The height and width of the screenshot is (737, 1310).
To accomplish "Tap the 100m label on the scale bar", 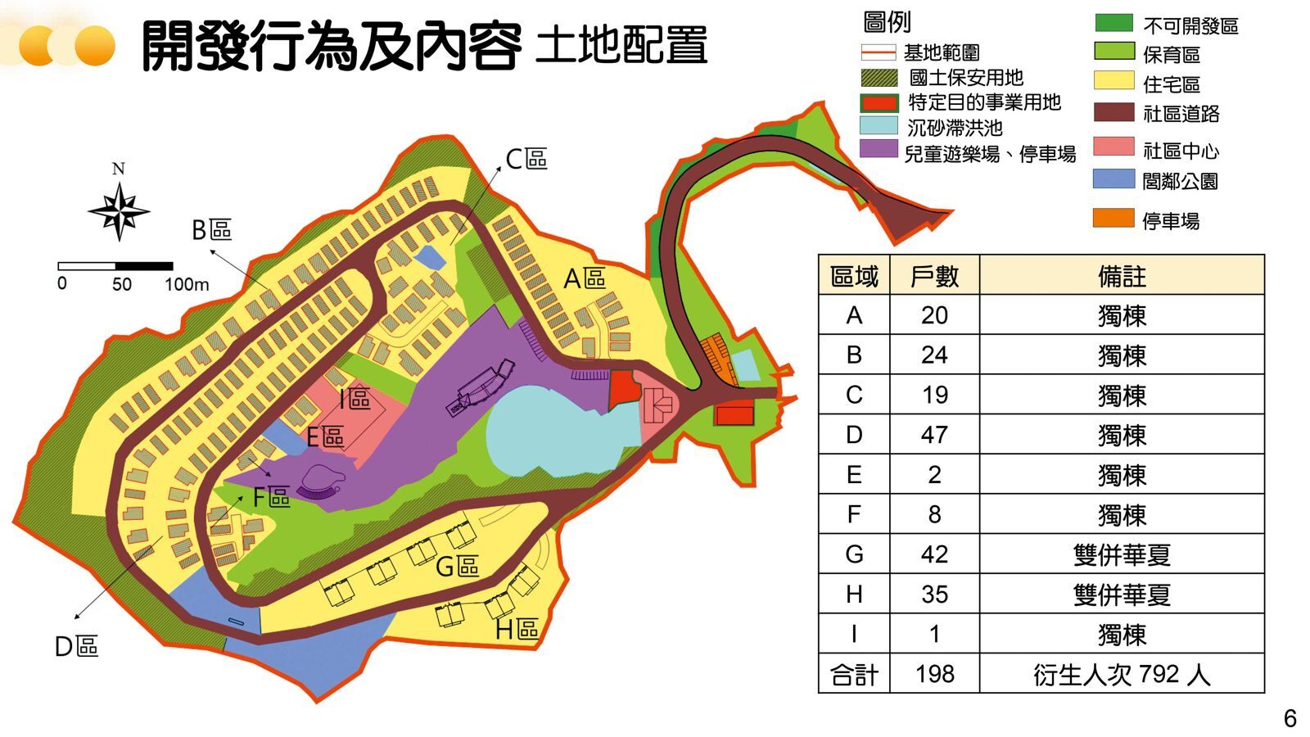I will [x=187, y=284].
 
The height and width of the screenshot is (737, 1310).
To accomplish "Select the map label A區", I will [x=585, y=279].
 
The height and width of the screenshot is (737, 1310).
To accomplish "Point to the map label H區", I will [x=517, y=629].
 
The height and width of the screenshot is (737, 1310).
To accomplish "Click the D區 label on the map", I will [x=76, y=647].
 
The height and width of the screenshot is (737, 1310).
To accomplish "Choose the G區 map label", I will [x=457, y=566].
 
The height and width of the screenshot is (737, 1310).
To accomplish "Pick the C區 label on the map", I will [x=526, y=159].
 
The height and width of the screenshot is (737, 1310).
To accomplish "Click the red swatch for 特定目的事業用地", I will [x=879, y=102].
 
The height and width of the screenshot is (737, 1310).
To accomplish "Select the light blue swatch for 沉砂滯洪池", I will [x=879, y=126].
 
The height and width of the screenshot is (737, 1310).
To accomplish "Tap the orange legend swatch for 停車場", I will [x=1113, y=219].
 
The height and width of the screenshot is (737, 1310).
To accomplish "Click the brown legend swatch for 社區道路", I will [x=1113, y=113].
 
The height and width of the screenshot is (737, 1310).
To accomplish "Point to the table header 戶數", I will [x=934, y=276].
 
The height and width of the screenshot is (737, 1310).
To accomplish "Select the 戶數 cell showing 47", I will [x=934, y=435].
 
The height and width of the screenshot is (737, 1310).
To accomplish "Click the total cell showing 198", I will [x=934, y=674].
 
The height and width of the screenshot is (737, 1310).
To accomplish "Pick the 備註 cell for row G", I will [x=1122, y=554].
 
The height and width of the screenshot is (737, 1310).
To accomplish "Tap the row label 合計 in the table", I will [x=854, y=674].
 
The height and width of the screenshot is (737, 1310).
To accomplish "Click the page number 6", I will [x=1290, y=718].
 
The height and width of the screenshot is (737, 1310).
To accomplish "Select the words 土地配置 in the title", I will [x=621, y=46].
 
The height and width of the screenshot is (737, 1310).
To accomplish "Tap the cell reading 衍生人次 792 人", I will [x=1122, y=674].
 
